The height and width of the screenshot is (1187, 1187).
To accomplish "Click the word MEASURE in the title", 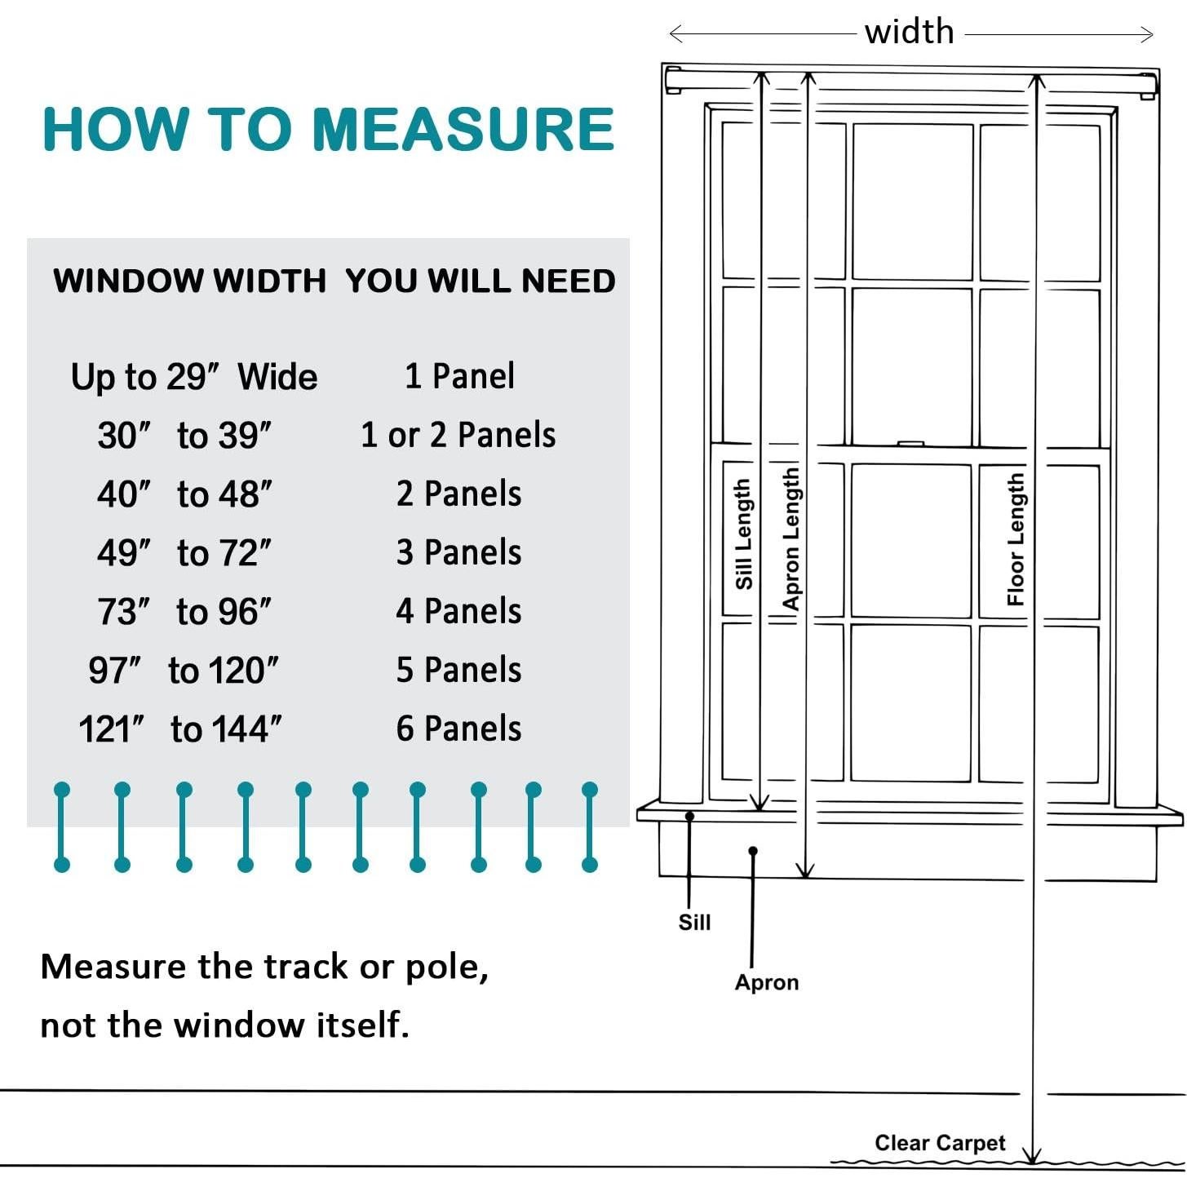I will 463,129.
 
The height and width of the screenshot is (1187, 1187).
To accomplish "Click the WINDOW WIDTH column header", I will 189,281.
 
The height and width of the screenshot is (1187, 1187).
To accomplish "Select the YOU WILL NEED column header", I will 480,281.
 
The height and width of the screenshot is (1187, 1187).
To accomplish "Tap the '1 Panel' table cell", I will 459,376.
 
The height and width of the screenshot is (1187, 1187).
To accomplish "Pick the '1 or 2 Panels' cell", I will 458,435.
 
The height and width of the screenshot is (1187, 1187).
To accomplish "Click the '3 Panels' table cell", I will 458,552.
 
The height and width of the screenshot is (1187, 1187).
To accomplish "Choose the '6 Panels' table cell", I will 458,729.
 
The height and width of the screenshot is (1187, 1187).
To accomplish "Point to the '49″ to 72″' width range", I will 184,553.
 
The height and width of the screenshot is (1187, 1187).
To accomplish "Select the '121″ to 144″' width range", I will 180,729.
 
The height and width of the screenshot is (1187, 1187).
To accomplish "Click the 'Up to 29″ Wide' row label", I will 194,377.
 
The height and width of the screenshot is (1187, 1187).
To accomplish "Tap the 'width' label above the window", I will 909,33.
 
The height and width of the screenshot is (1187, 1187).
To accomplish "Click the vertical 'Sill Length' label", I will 742,534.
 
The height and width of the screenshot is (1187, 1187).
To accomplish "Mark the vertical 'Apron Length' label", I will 791,538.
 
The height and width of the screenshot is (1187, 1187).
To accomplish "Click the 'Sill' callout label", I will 694,922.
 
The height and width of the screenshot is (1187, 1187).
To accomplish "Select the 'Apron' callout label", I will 766,981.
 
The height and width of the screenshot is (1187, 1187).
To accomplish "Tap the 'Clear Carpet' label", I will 940,1142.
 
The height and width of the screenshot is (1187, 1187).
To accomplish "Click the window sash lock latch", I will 910,444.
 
